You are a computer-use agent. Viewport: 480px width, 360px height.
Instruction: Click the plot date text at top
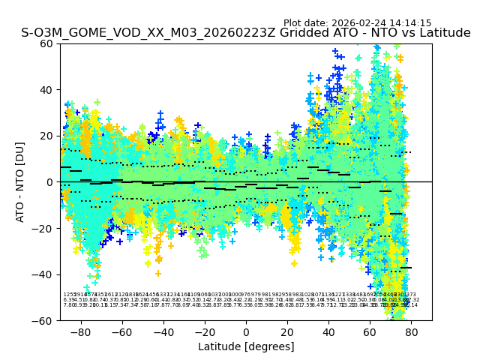tap(357, 23)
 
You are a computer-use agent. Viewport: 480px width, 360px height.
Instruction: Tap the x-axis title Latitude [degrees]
tap(246, 346)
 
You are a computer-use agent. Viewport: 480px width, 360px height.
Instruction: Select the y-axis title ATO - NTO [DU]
tap(21, 182)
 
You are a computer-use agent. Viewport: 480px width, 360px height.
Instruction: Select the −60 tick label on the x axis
tap(121, 331)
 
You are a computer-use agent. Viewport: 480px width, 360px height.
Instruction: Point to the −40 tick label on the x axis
tap(163, 331)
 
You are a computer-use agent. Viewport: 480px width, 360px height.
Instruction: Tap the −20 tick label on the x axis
tap(204, 331)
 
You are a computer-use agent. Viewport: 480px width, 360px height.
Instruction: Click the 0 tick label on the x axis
tap(246, 331)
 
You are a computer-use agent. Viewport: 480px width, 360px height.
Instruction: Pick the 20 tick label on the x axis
tap(287, 331)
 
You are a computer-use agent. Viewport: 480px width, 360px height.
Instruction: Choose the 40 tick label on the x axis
tap(328, 331)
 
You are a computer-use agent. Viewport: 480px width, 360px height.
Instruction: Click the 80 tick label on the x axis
tap(411, 331)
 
